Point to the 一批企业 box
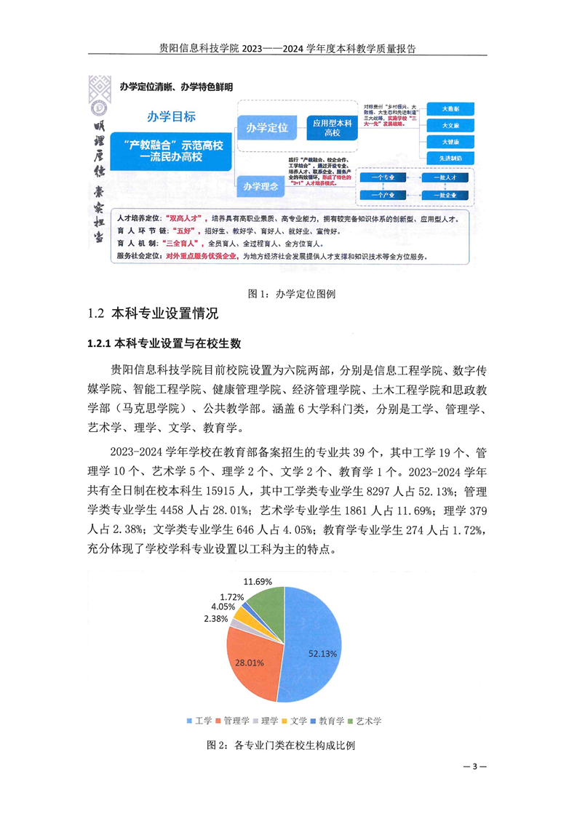point(447,196)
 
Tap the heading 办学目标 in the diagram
point(171,116)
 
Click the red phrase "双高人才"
point(184,218)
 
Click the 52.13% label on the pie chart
point(322,654)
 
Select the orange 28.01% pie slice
point(249,661)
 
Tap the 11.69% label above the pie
point(258,582)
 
